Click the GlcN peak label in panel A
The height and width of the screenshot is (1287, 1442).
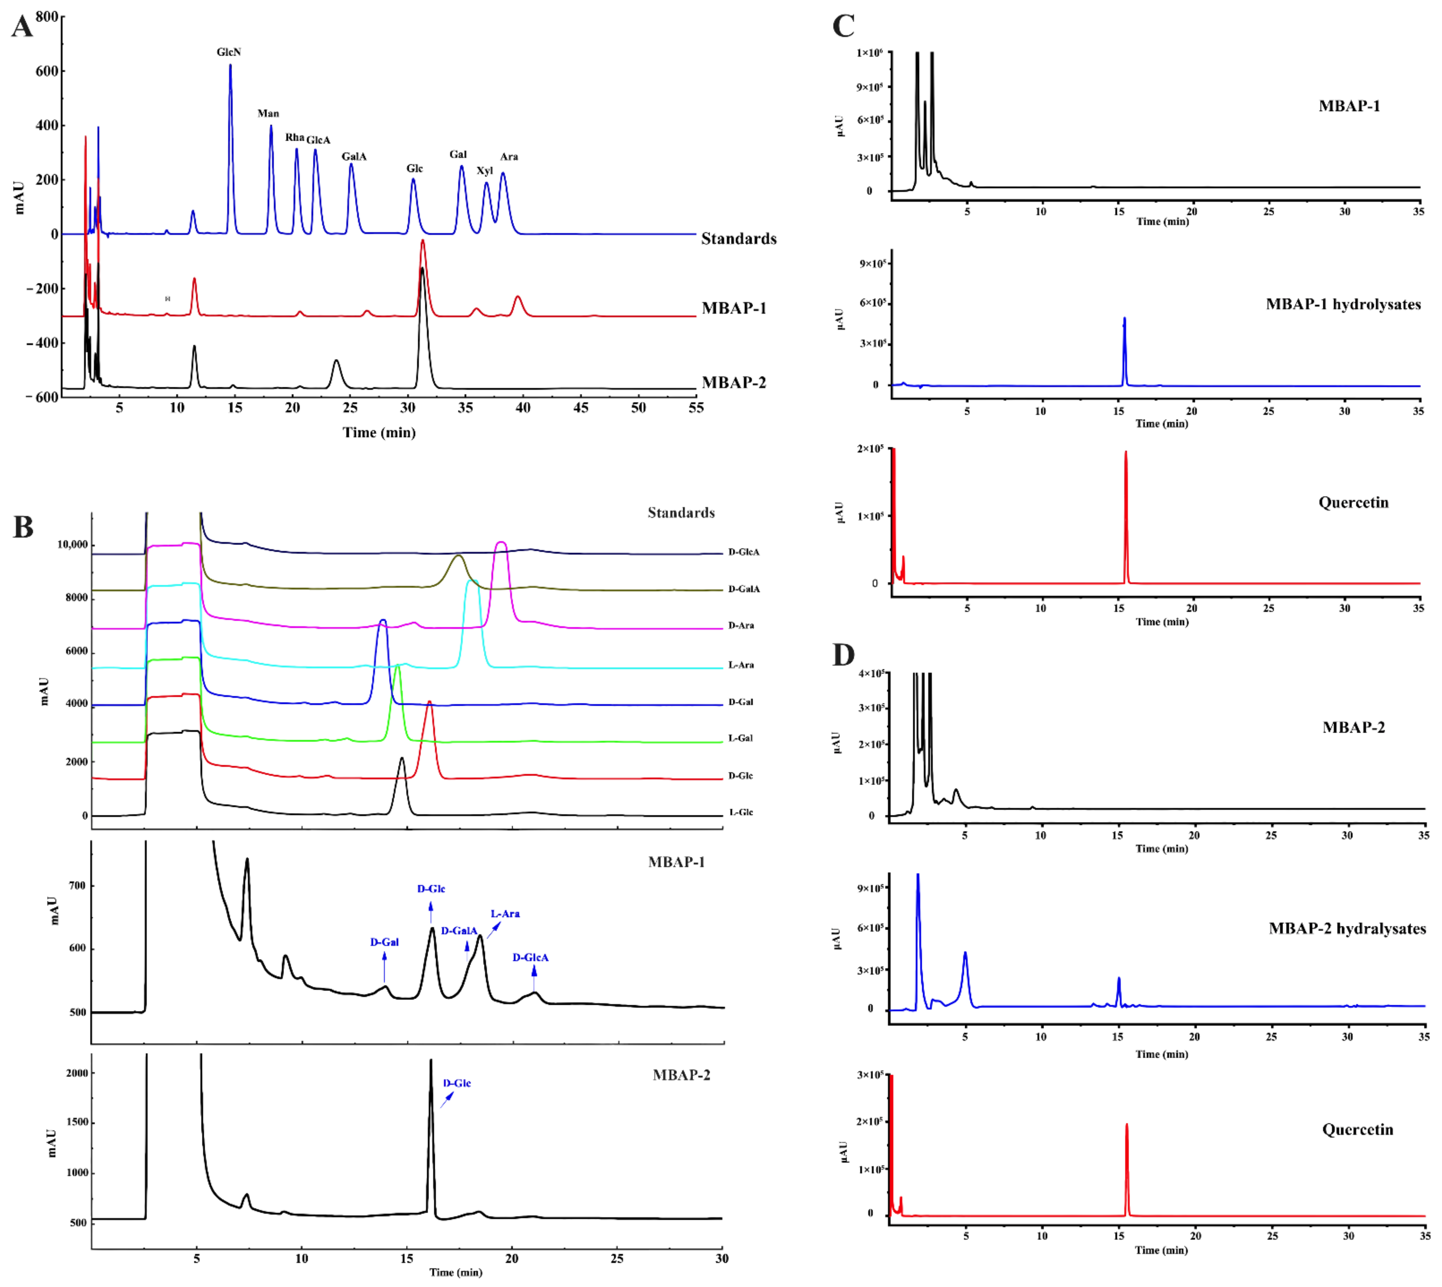click(x=229, y=52)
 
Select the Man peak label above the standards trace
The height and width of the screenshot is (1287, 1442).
click(x=268, y=113)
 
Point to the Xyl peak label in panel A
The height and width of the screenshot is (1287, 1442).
click(x=484, y=170)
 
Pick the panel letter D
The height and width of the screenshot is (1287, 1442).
click(x=843, y=656)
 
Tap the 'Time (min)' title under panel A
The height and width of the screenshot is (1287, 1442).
click(x=379, y=433)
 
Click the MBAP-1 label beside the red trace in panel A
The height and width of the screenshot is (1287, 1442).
click(x=733, y=308)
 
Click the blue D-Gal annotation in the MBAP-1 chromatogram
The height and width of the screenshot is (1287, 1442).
click(x=384, y=942)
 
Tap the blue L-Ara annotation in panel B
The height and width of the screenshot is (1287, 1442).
click(x=505, y=914)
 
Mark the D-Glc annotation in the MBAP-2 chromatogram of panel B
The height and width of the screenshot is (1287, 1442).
click(x=457, y=1083)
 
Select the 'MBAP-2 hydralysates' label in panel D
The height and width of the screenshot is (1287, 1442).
click(x=1346, y=928)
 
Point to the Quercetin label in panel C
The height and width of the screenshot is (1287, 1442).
click(x=1353, y=503)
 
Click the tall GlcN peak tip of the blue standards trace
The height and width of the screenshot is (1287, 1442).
click(x=230, y=66)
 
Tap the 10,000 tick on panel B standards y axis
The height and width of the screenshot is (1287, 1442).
click(x=72, y=544)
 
